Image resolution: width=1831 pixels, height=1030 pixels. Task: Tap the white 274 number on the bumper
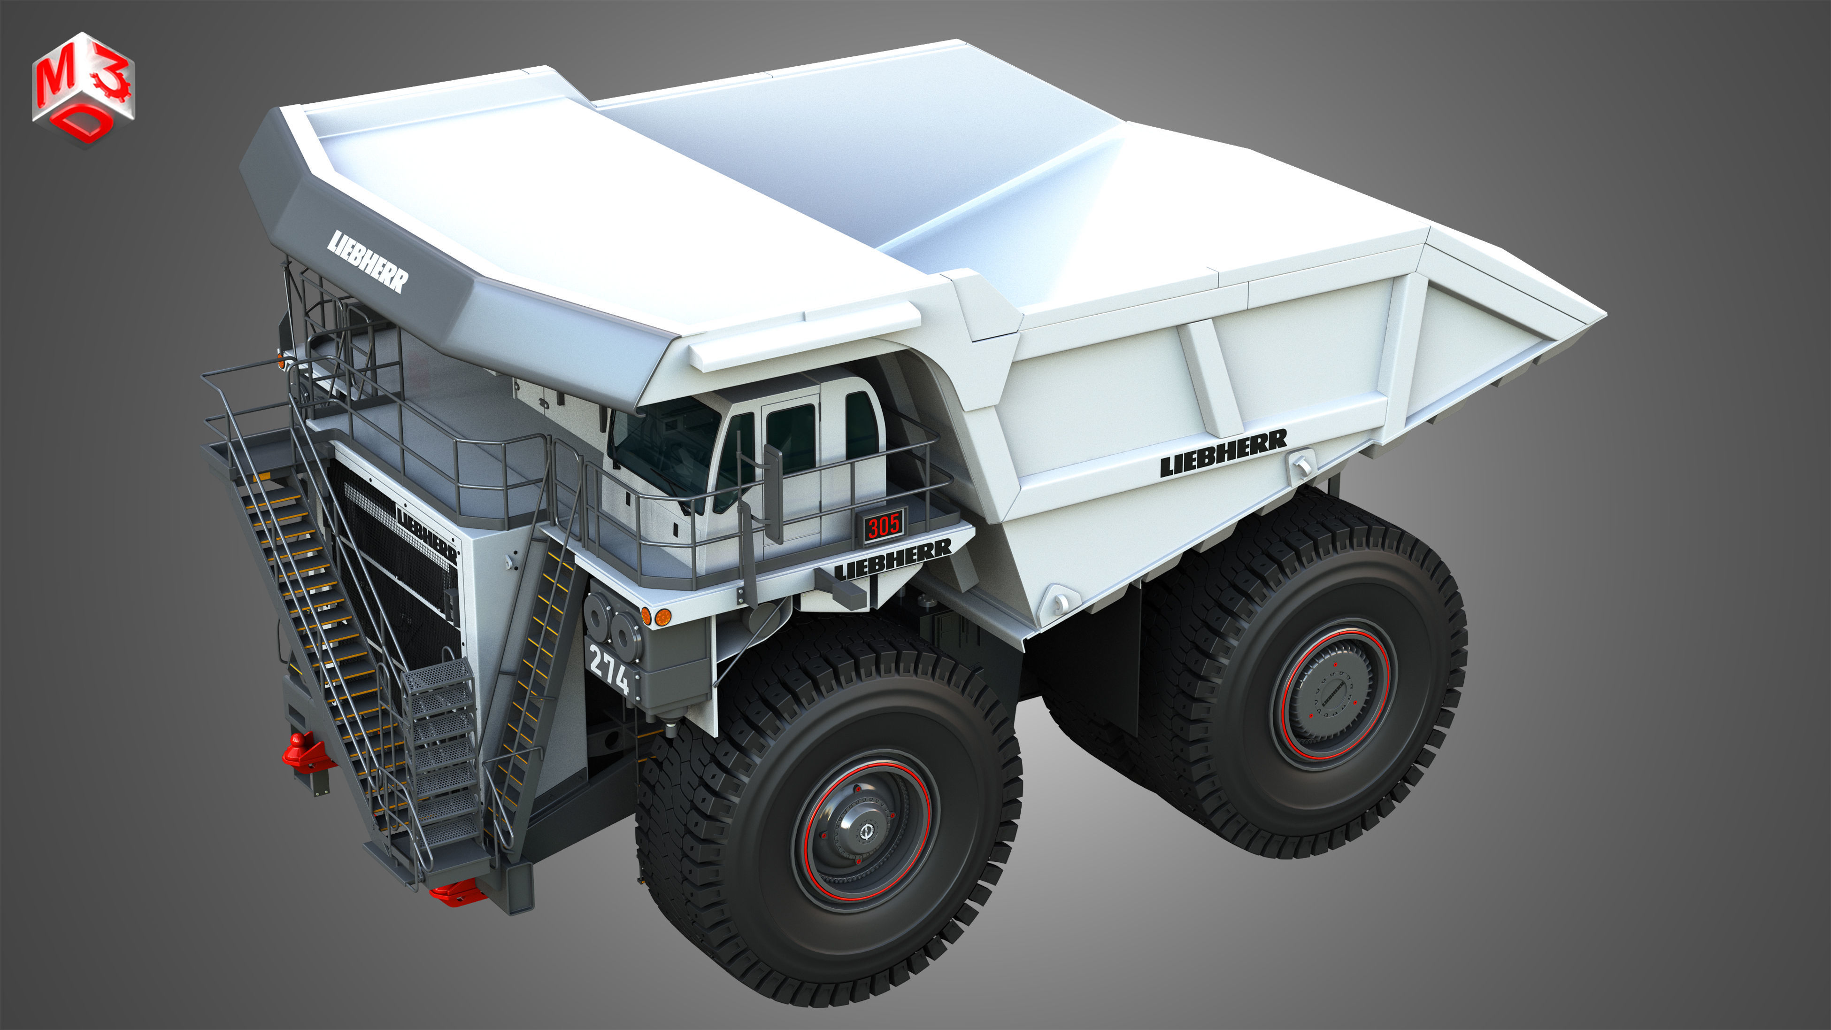pos(609,670)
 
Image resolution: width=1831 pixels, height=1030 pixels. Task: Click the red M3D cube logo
pos(83,88)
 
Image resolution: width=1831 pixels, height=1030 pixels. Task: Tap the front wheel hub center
pos(865,830)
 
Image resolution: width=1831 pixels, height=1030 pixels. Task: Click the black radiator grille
pos(398,583)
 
